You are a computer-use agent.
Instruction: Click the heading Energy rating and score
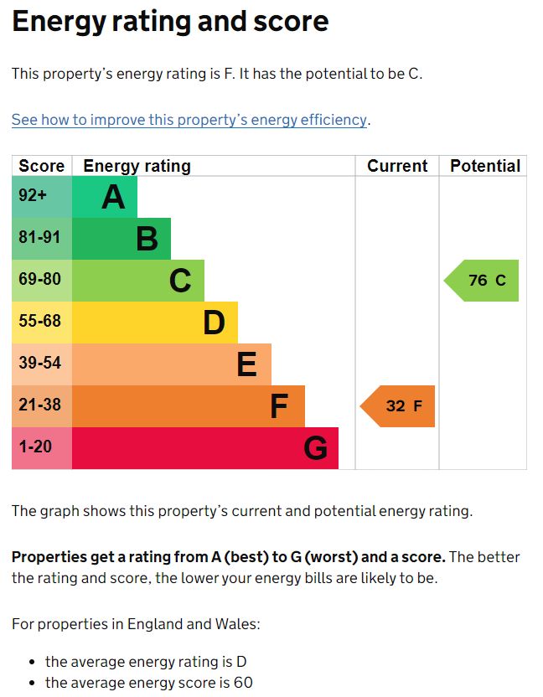coord(170,23)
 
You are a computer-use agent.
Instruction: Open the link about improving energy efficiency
coord(189,120)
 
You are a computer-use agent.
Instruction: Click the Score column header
coord(41,166)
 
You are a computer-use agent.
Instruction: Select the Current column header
coord(397,166)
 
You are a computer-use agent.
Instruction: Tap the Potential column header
coord(485,166)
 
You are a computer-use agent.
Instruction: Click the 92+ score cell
coord(34,196)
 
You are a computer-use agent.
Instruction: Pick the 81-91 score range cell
coord(40,238)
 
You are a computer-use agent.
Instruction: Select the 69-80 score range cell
coord(40,280)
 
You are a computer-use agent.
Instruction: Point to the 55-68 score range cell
coord(40,322)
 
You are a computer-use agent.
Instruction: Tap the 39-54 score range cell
coord(40,364)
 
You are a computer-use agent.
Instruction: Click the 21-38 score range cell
coord(40,405)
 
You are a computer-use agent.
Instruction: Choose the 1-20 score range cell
coord(35,447)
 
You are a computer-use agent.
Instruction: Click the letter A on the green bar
coord(113,198)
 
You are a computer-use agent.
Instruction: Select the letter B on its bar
coord(147,240)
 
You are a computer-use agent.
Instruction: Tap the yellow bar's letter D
coord(214,323)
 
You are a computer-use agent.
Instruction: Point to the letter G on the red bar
coord(315,449)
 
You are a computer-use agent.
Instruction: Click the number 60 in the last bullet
coord(243,683)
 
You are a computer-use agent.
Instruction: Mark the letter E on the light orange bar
coord(246,365)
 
